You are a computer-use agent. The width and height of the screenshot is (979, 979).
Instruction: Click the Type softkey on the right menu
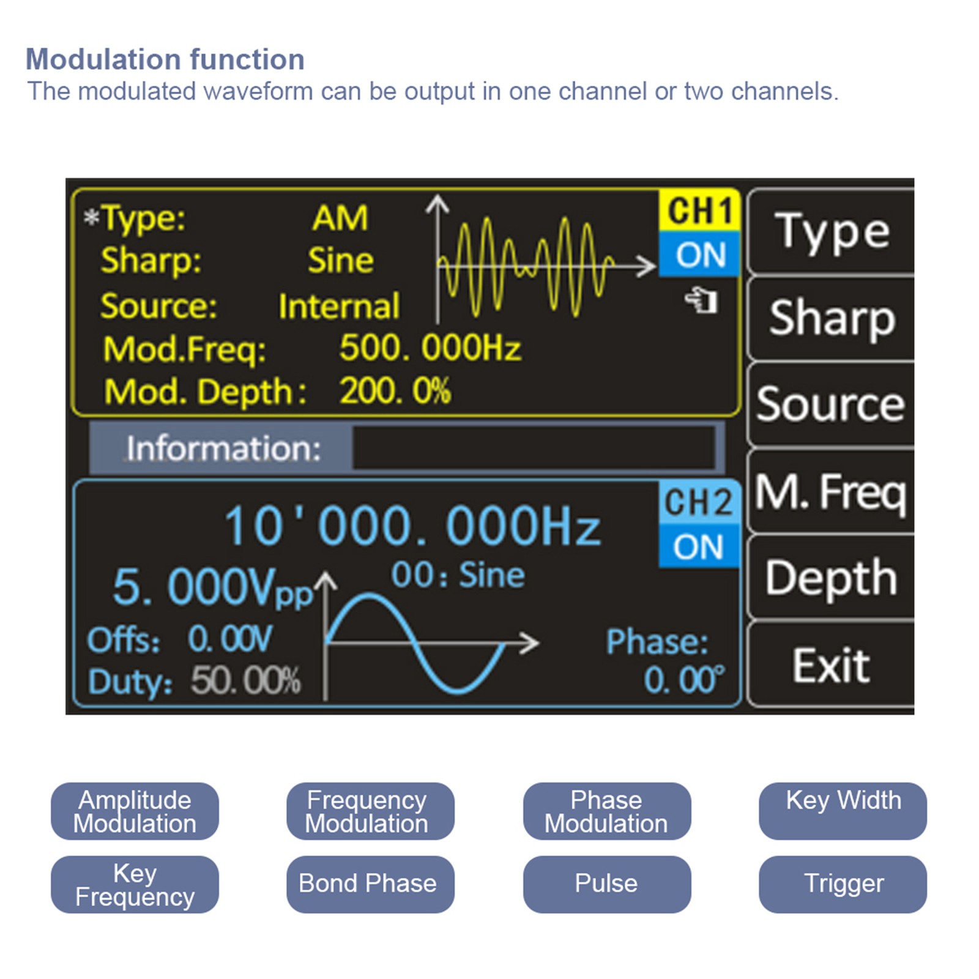coord(831,232)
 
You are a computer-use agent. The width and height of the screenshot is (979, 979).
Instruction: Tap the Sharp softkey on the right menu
coord(831,318)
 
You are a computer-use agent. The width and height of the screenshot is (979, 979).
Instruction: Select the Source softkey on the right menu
coord(831,404)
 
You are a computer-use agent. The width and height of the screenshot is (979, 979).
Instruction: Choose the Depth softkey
coord(831,577)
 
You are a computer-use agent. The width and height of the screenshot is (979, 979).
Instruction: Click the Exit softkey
coord(831,665)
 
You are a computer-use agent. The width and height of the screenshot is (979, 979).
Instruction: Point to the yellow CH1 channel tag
coord(699,210)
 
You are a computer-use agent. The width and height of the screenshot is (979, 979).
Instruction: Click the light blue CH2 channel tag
coord(698,502)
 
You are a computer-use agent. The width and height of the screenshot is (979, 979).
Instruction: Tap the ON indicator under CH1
coord(700,254)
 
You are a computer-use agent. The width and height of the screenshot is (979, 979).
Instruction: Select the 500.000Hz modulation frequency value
coord(430,348)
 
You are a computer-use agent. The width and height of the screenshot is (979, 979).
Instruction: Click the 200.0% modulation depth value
coord(395,391)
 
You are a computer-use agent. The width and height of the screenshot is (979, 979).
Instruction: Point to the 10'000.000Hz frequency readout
coord(412,526)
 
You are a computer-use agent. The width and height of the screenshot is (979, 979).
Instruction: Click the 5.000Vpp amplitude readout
coord(211,588)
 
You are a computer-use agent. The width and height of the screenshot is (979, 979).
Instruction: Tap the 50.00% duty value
coord(245,680)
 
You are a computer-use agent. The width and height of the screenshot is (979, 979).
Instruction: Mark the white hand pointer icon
coord(701,300)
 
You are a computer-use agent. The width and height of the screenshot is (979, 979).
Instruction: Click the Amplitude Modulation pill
coord(135,811)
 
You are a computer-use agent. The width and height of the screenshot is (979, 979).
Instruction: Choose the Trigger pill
coord(843,884)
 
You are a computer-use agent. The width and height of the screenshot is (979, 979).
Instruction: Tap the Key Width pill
coord(843,811)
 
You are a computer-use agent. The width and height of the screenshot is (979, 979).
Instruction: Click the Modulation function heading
coord(165,59)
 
